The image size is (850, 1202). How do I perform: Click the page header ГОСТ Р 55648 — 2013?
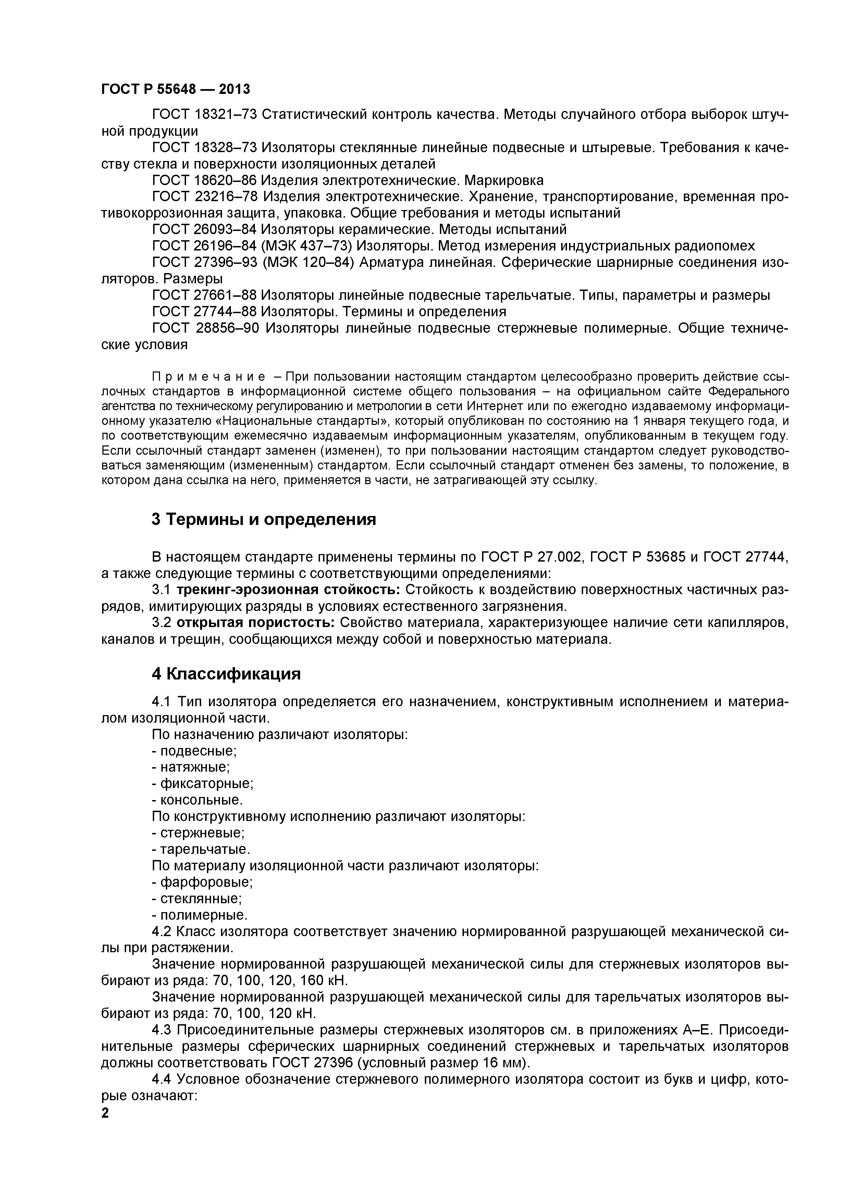coord(175,89)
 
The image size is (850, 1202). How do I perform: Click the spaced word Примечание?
coord(208,377)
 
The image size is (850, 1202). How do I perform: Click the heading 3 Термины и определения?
coord(264,519)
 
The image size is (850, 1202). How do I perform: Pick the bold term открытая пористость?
coord(256,623)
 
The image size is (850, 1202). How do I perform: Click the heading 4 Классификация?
coord(226,674)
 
